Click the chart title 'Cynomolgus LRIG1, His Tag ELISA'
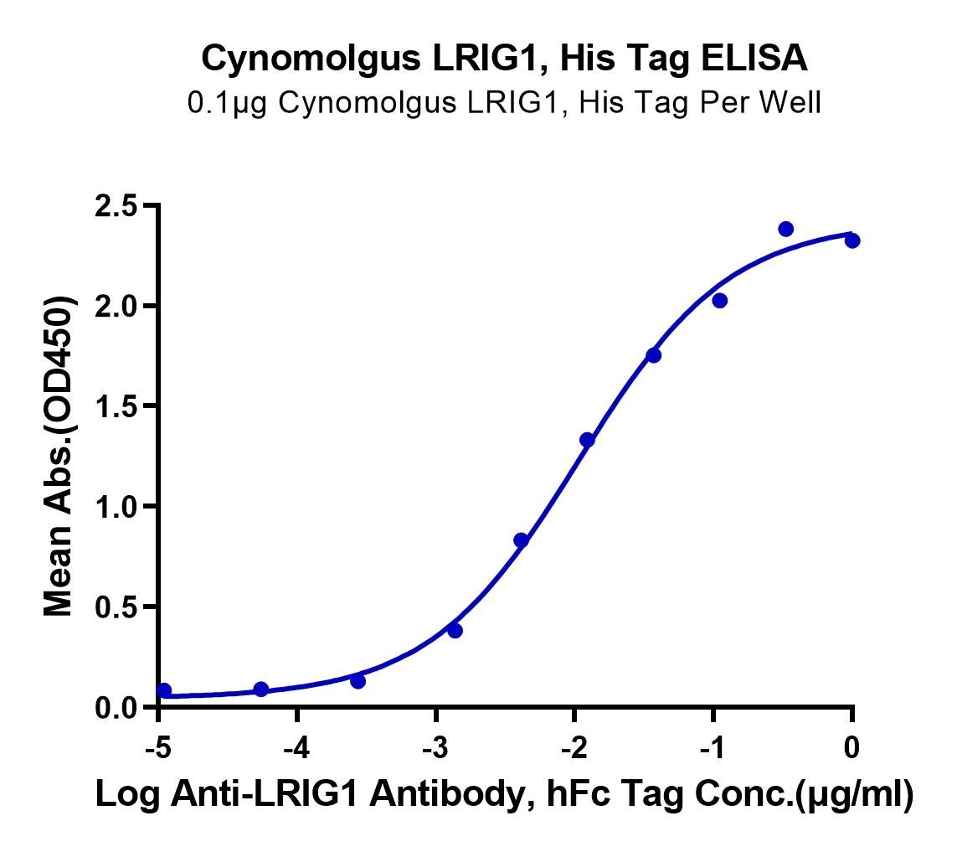click(x=504, y=59)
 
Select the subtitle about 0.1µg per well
click(x=504, y=102)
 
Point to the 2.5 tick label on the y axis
click(x=116, y=206)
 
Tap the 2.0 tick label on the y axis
click(x=116, y=306)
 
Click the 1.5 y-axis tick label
click(x=116, y=406)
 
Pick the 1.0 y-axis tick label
click(x=116, y=506)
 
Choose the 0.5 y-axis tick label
click(x=116, y=607)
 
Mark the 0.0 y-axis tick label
click(x=116, y=707)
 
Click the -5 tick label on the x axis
click(x=159, y=747)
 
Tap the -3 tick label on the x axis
click(x=435, y=747)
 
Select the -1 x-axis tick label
click(x=713, y=747)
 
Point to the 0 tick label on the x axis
click(x=852, y=747)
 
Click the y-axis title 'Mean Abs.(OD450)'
click(x=59, y=457)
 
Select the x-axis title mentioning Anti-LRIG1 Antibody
click(x=505, y=794)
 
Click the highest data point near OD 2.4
click(x=786, y=229)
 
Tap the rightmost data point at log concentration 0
click(x=852, y=240)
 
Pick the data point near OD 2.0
click(x=719, y=301)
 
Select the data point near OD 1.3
click(x=587, y=440)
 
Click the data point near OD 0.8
click(x=521, y=540)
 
